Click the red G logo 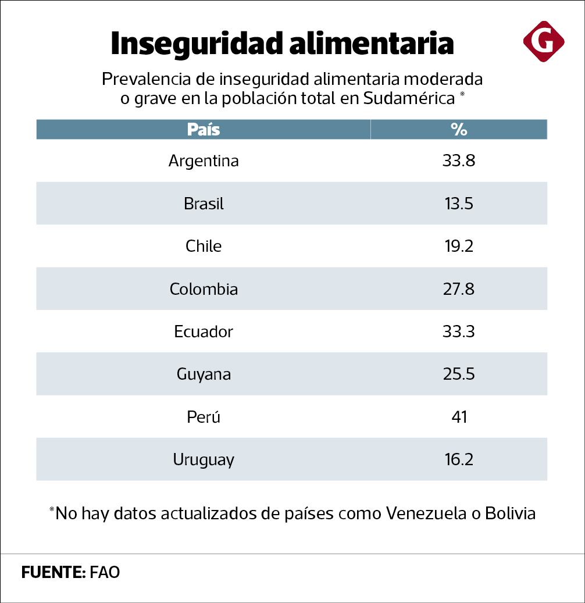coord(543,41)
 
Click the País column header coord(204,129)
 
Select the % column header coord(459,129)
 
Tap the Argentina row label coord(204,160)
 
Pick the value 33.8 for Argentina coord(459,160)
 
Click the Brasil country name coord(204,204)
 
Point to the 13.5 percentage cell coord(459,204)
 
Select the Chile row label coord(204,246)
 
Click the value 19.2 coord(459,246)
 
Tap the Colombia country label coord(204,289)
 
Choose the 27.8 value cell coord(459,289)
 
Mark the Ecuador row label coord(204,331)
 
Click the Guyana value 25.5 coord(459,374)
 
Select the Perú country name coord(204,417)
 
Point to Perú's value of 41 coord(459,417)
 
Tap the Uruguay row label coord(204,460)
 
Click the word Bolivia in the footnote coord(510,514)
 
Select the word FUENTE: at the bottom coord(53,572)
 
